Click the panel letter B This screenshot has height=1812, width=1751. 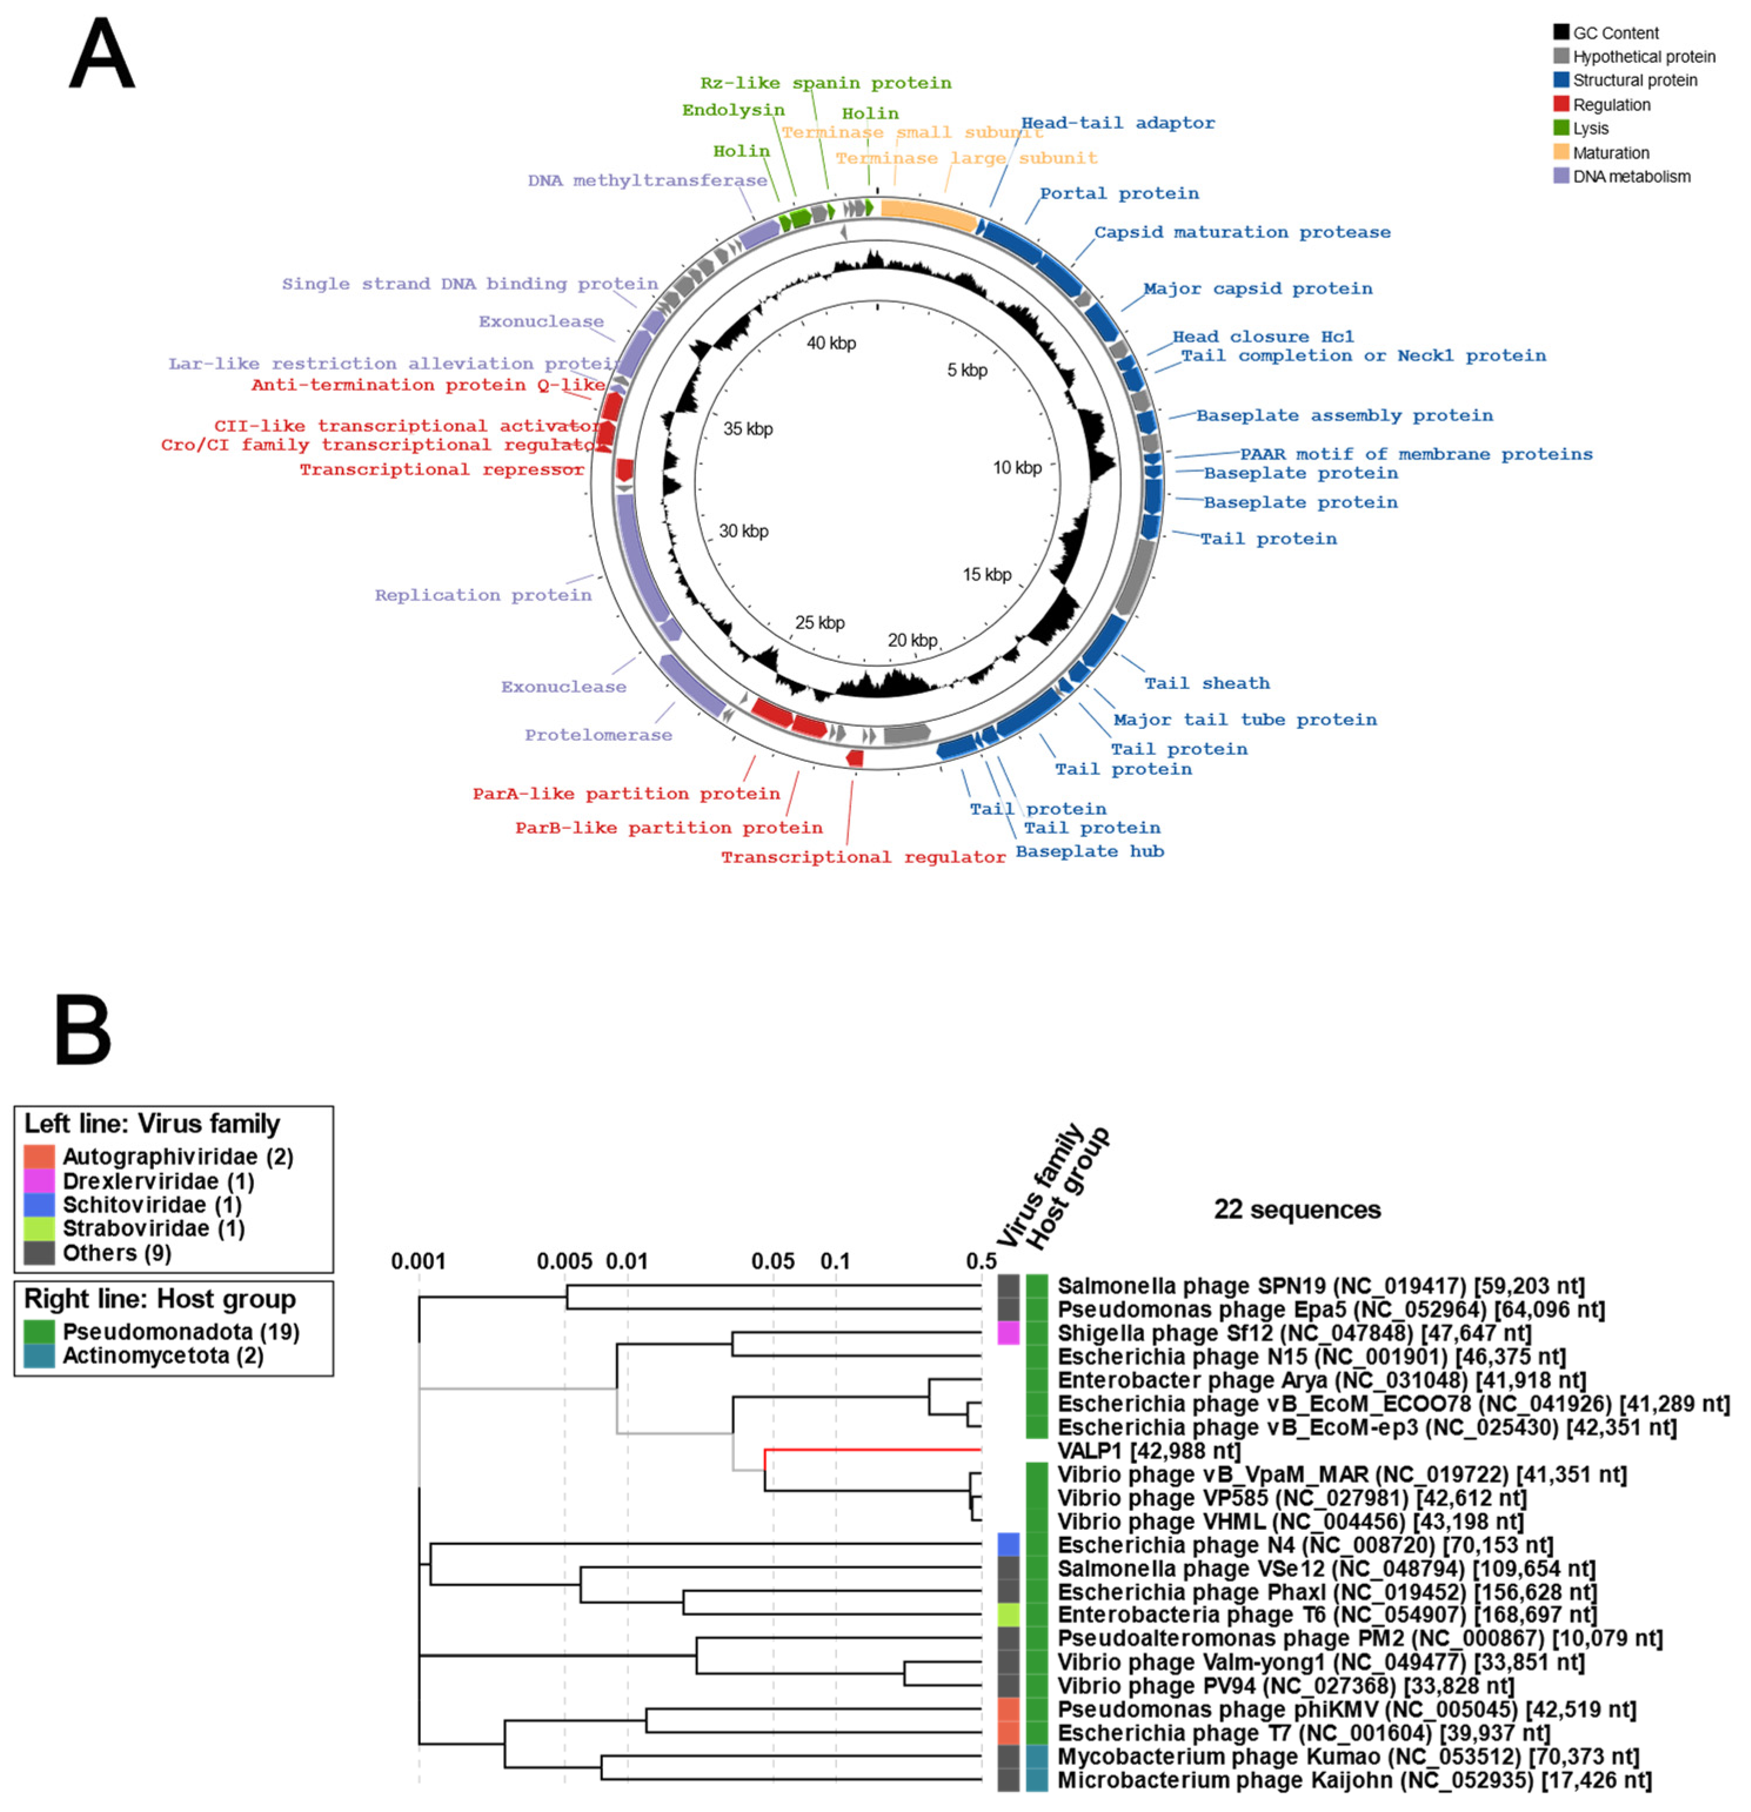pos(83,1030)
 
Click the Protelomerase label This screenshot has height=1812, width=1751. pos(598,735)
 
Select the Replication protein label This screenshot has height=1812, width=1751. pos(483,596)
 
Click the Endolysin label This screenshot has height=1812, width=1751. pos(733,110)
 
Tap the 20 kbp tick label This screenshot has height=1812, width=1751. pos(912,640)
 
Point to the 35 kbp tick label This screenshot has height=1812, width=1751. pos(747,429)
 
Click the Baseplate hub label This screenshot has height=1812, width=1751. pos(1089,851)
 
